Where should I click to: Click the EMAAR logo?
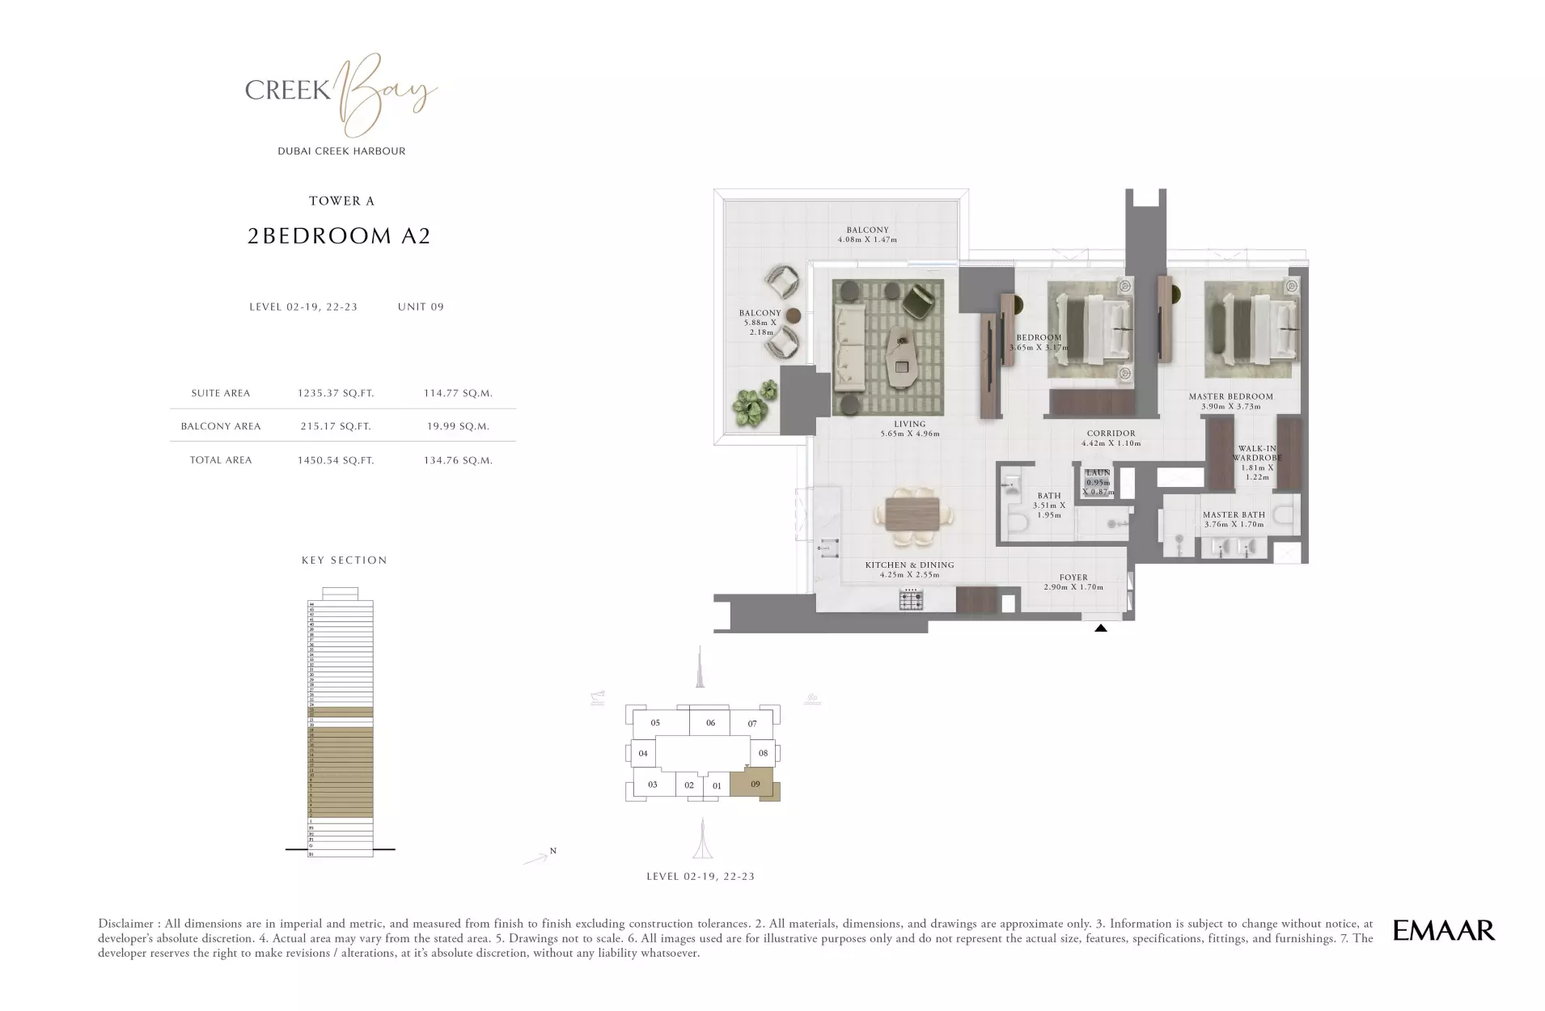1443,930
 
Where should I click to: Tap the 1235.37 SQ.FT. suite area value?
336,393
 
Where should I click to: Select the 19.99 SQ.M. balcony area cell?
458,426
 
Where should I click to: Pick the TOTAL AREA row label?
221,460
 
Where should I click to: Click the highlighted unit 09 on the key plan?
755,785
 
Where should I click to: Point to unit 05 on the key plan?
655,723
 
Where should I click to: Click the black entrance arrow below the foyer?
1100,627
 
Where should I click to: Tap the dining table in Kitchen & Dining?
912,514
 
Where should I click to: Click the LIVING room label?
909,425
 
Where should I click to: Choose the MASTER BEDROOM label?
1230,397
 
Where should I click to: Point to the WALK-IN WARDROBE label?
1256,454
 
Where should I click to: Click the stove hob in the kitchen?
912,600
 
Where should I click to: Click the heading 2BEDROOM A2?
339,236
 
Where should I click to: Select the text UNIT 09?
421,307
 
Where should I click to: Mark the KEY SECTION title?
344,560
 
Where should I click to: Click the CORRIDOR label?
1111,434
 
